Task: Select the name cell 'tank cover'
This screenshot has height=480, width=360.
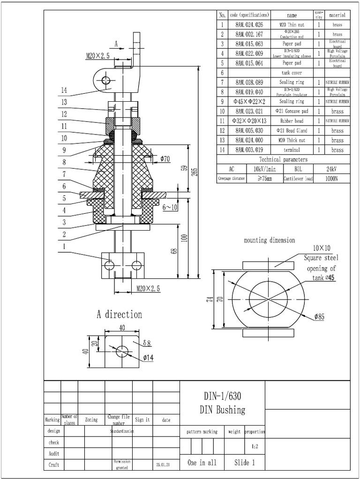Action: [x=292, y=73]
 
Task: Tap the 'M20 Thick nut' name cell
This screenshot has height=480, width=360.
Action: [x=292, y=140]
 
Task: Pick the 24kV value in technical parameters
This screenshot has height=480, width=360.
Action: [x=332, y=169]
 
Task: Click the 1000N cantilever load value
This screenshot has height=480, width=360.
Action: [x=332, y=179]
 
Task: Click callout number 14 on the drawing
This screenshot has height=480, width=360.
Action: [x=65, y=90]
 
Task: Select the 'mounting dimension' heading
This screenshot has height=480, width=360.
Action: [x=270, y=240]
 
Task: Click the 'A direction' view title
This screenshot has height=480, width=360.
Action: [x=119, y=314]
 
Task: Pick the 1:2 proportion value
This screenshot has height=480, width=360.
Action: [x=255, y=447]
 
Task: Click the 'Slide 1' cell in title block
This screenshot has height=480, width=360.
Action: [x=245, y=463]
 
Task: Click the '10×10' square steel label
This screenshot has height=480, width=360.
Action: [x=322, y=248]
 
